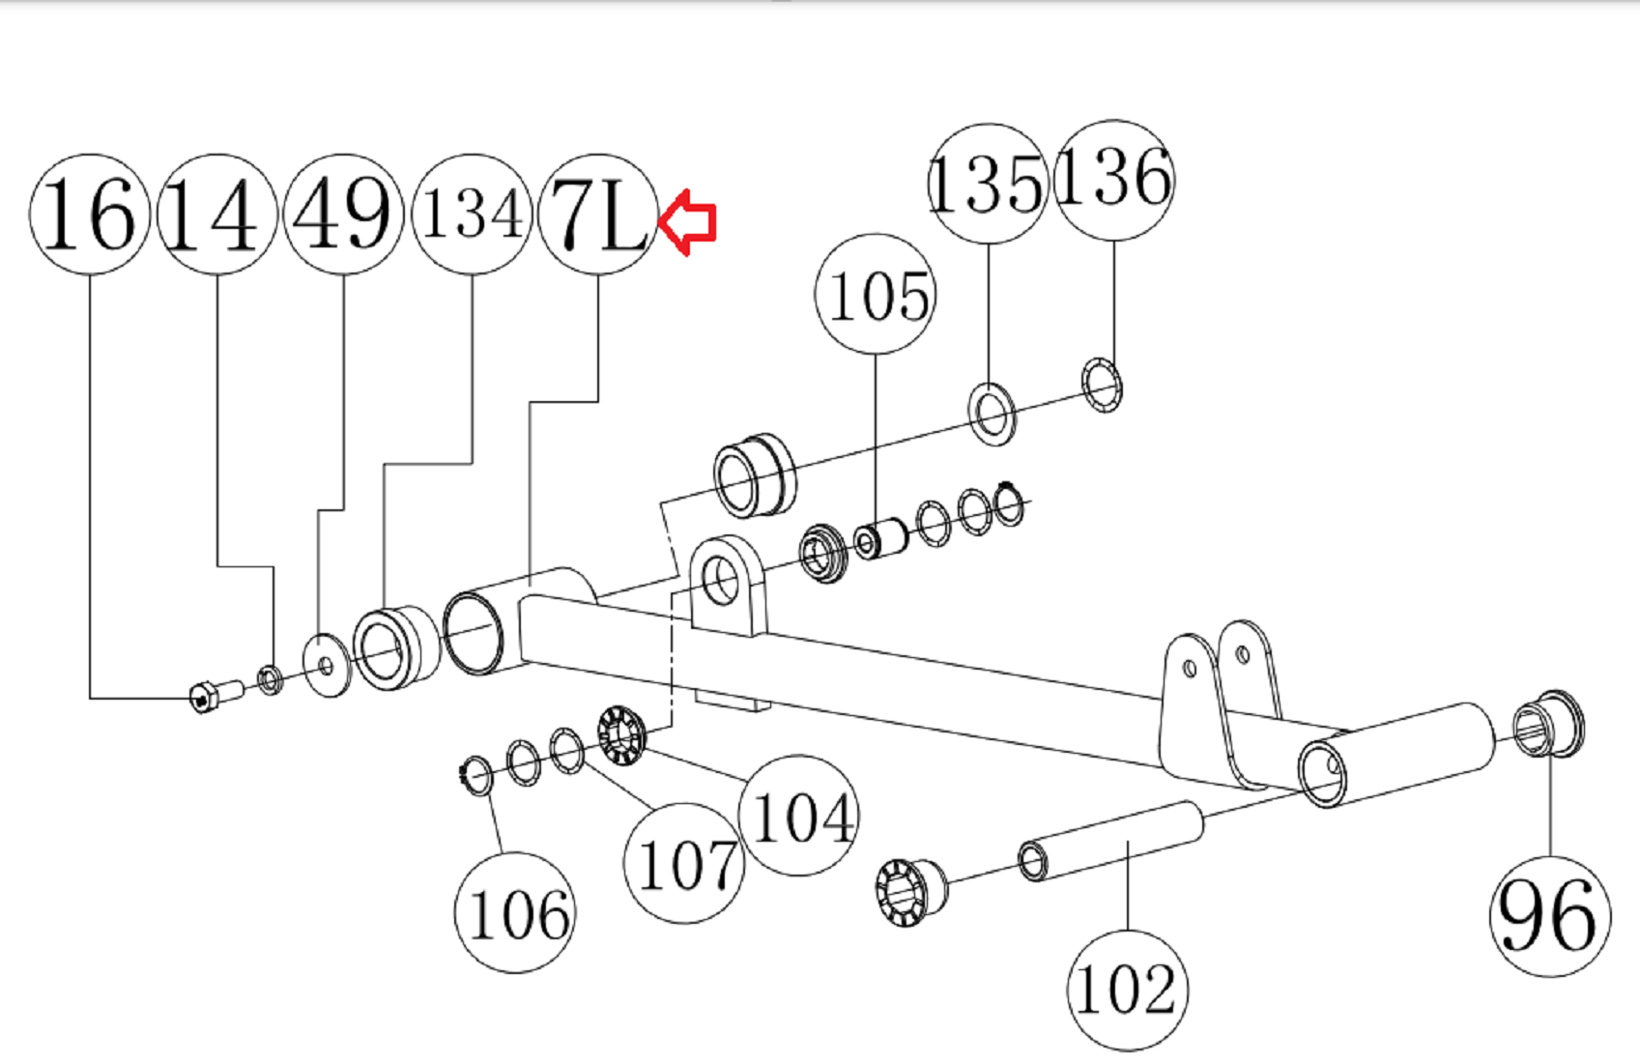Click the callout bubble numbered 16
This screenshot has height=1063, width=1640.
click(x=90, y=215)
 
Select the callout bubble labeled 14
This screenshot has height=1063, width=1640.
click(x=217, y=215)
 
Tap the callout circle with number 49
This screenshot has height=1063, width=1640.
click(x=344, y=215)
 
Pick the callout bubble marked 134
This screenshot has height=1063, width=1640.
click(x=473, y=215)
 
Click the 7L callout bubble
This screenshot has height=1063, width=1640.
click(x=598, y=215)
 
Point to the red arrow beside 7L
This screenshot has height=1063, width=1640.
click(x=687, y=222)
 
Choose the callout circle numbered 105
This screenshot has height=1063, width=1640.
click(x=876, y=295)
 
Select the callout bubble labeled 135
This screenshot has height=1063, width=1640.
click(x=989, y=184)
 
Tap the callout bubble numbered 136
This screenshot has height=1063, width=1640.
click(x=1114, y=180)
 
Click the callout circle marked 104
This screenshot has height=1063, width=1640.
click(x=799, y=816)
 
